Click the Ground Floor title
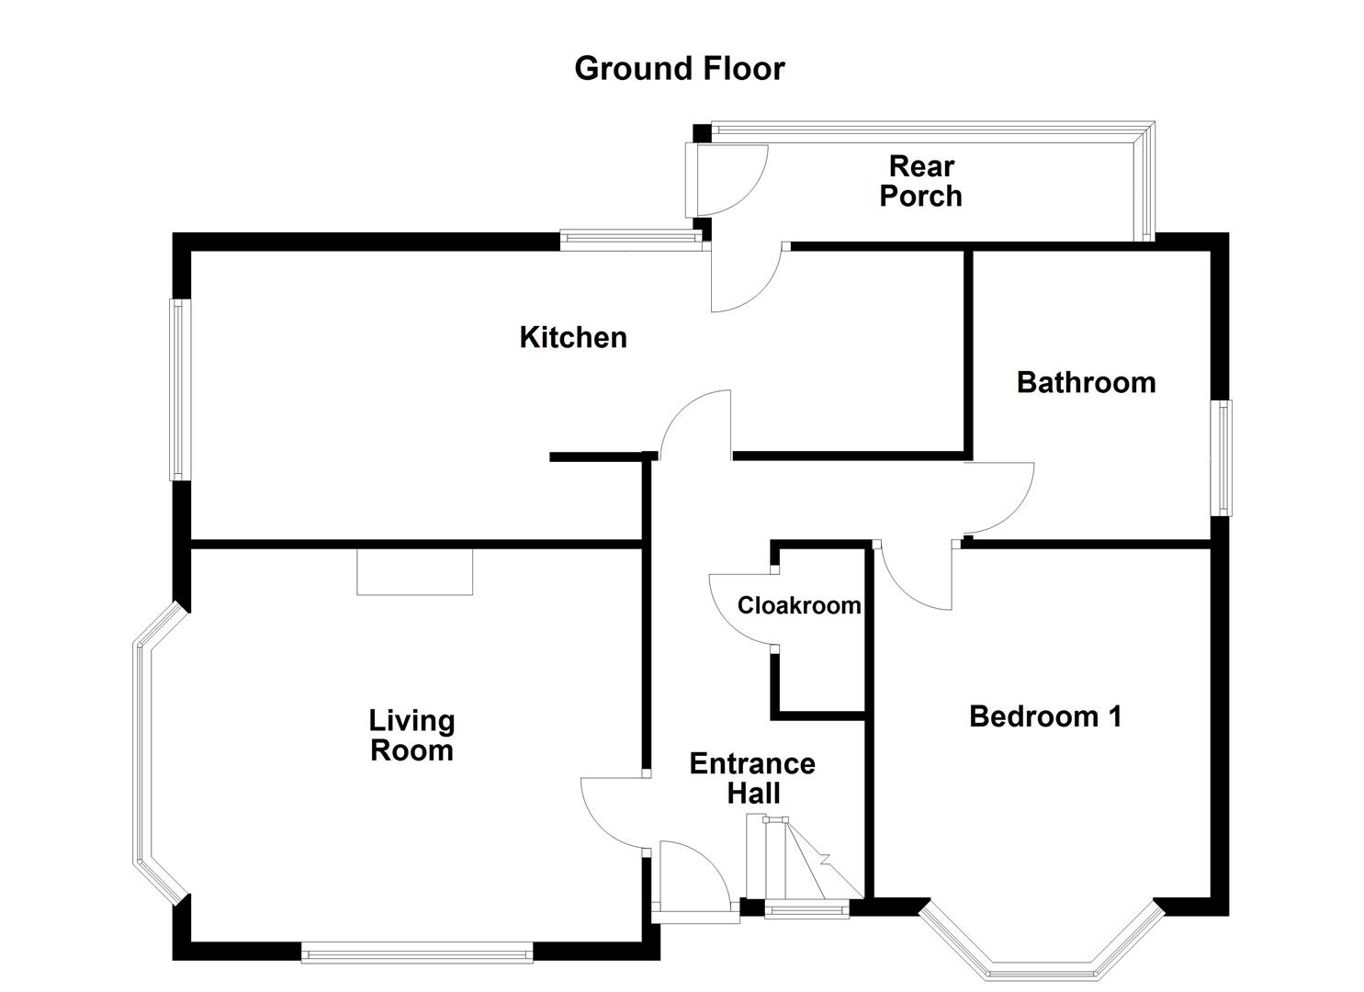(680, 69)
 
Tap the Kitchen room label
(573, 337)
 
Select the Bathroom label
(1086, 382)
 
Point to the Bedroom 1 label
(1045, 716)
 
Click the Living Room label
(411, 736)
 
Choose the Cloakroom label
(799, 605)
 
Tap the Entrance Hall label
(752, 778)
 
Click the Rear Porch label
(920, 181)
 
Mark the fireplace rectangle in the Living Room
(414, 571)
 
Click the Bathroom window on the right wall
(1224, 457)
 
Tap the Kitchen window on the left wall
(179, 389)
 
